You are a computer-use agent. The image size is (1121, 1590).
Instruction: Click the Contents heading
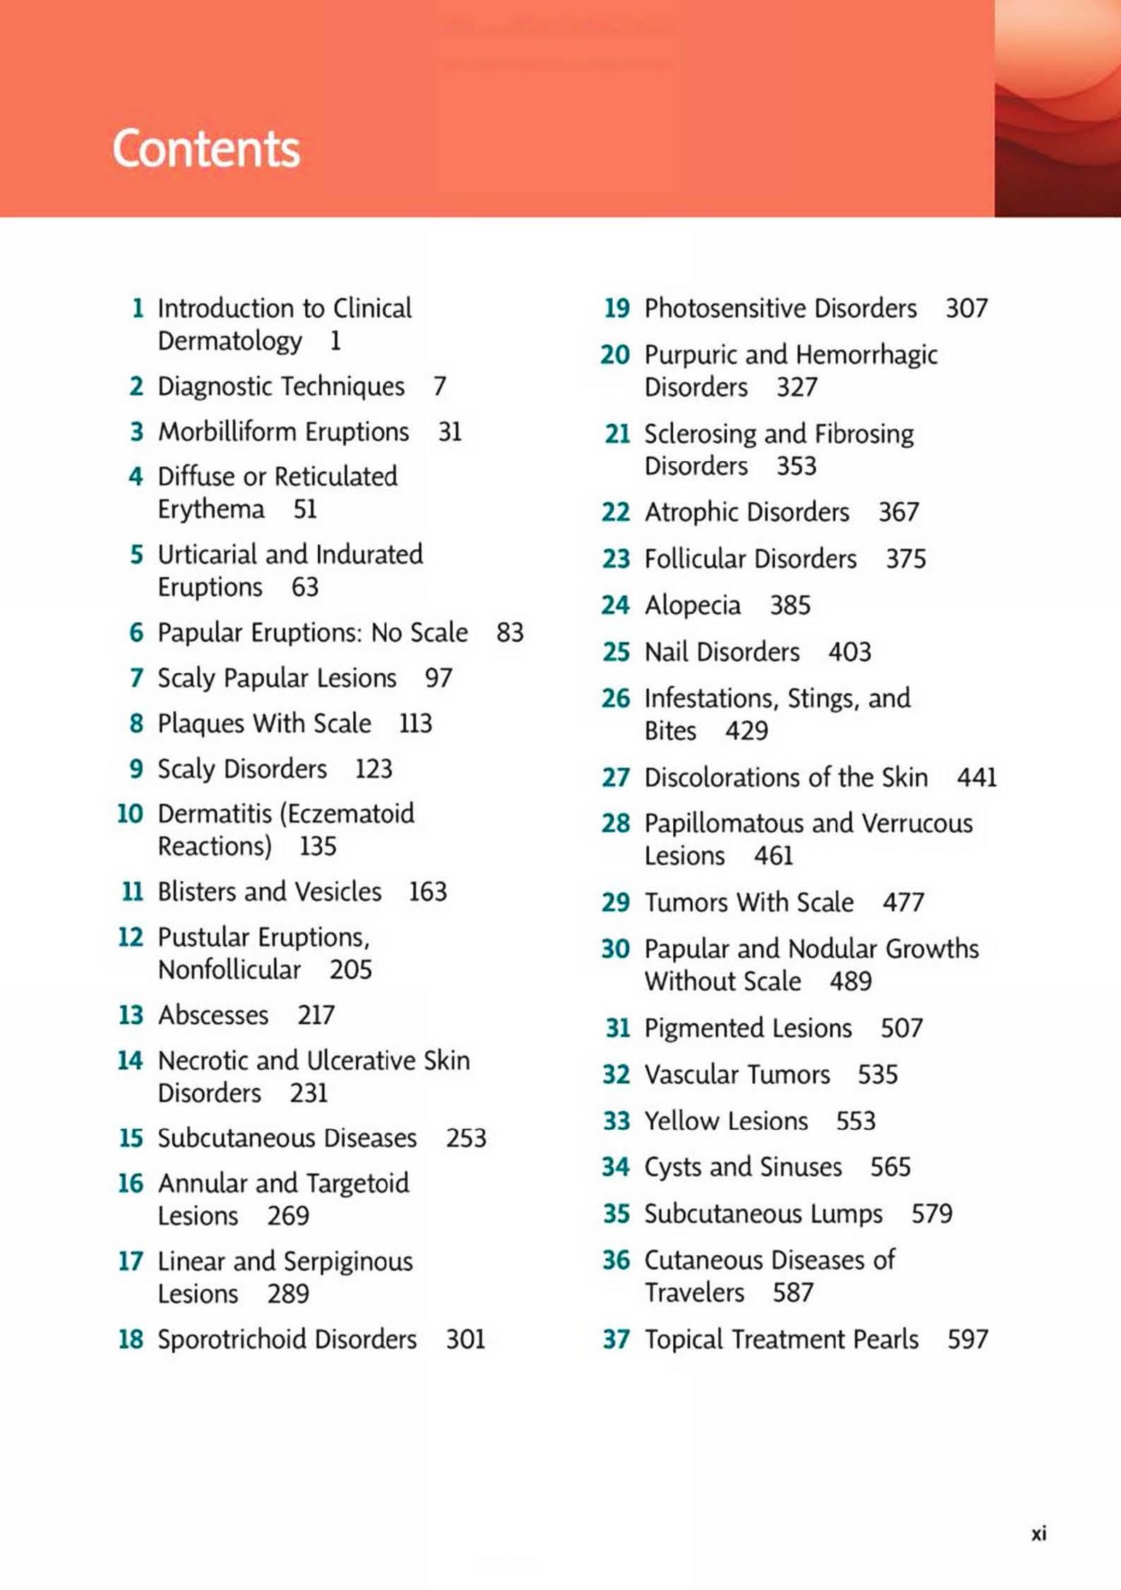coord(206,149)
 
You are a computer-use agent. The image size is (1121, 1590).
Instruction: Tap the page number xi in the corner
coord(1038,1533)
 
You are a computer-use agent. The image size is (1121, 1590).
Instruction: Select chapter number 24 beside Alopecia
coord(615,605)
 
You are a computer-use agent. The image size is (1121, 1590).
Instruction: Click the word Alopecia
coord(692,605)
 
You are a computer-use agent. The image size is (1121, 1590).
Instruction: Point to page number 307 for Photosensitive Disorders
coord(966,308)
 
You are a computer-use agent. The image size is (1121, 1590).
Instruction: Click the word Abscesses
coord(213,1015)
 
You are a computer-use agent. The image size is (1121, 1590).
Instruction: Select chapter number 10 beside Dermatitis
coord(131,814)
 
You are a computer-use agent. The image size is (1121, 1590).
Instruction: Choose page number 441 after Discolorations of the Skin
coord(976,777)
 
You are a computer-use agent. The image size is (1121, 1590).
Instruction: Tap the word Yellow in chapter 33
coord(677,1121)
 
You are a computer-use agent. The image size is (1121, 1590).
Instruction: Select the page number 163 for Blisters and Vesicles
coord(428,891)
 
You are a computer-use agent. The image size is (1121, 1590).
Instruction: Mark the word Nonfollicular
coord(230,969)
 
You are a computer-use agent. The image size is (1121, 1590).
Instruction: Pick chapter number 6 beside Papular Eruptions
coord(136,632)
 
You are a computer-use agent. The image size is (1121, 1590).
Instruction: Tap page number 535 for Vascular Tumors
coord(877,1074)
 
